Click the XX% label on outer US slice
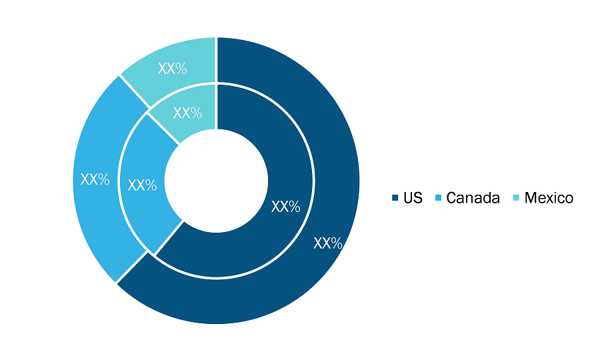(328, 243)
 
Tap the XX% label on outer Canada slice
(95, 179)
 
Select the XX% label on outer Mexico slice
(172, 69)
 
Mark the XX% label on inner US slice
(285, 207)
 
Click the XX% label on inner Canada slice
(142, 185)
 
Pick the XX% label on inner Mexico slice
(187, 113)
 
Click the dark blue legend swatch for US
(395, 198)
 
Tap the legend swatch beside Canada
(438, 198)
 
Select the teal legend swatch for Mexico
(516, 198)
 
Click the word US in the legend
(413, 198)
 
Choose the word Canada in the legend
(473, 198)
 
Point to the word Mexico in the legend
(549, 198)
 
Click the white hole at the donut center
(216, 181)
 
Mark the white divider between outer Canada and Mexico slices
(134, 92)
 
